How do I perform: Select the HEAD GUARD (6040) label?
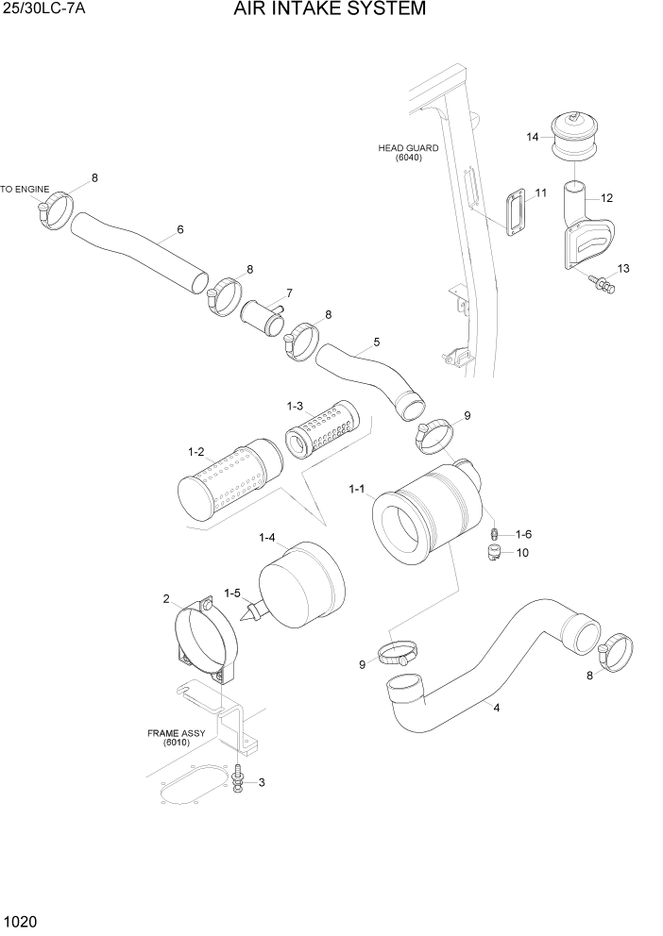click(400, 153)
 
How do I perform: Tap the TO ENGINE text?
click(25, 190)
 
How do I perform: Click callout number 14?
click(533, 138)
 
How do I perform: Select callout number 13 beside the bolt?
click(621, 270)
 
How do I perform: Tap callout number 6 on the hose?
click(179, 229)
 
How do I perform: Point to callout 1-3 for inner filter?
click(295, 406)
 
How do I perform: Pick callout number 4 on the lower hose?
click(496, 708)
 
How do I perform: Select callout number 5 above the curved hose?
click(377, 342)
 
